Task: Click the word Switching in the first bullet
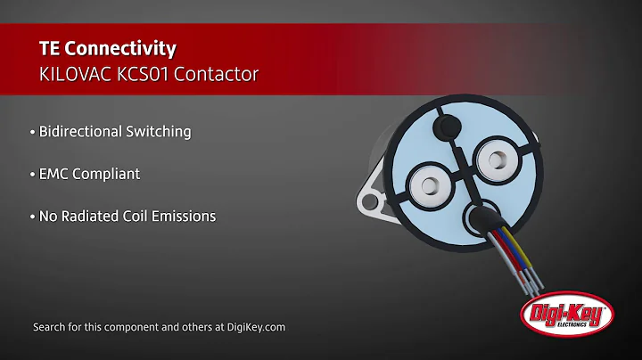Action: (x=160, y=131)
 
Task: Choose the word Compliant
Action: (x=106, y=174)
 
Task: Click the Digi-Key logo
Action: (x=567, y=315)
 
